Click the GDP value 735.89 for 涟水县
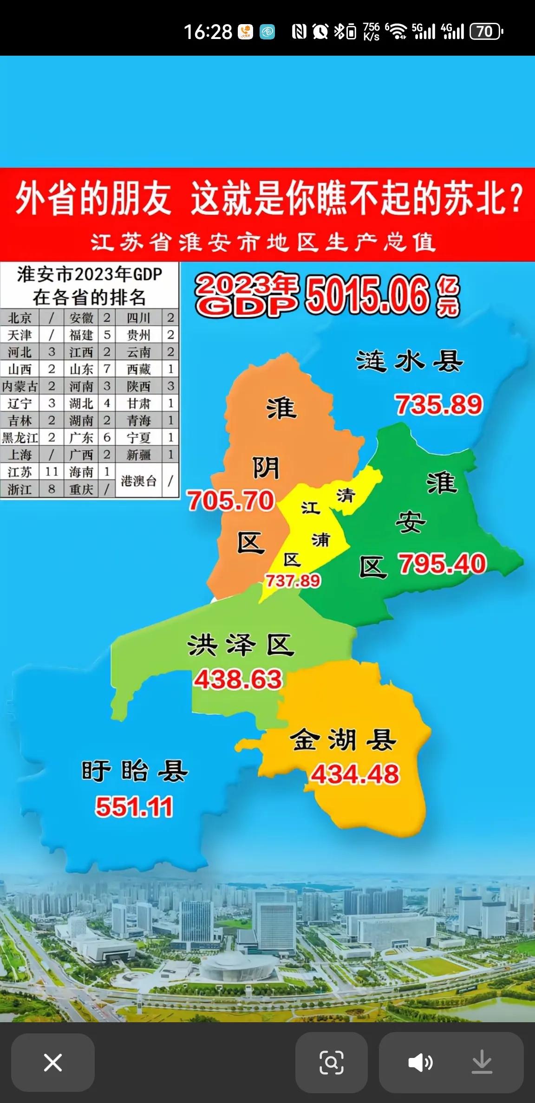[439, 405]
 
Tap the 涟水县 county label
[410, 362]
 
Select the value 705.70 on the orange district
[231, 501]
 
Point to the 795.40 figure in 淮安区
[442, 564]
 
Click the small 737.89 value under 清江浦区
[293, 581]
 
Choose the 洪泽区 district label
[241, 645]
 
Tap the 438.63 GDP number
[238, 680]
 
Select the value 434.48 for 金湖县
[355, 774]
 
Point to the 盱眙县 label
[135, 772]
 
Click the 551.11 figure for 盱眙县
[134, 807]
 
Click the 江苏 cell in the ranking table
[20, 472]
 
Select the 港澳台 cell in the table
[138, 481]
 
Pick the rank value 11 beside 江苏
[52, 472]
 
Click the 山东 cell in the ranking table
[81, 370]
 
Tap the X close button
[52, 1062]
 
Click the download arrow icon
[482, 1062]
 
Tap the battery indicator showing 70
[486, 32]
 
